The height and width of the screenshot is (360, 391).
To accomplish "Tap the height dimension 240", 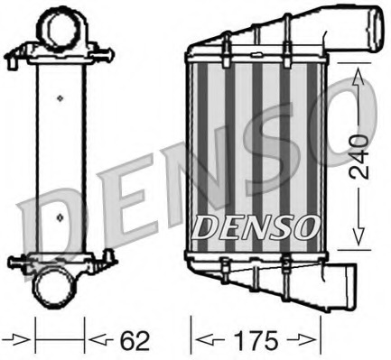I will point(359,155).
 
